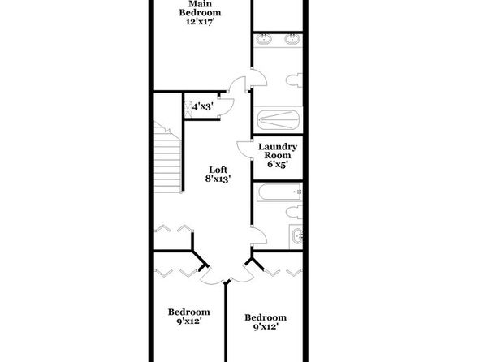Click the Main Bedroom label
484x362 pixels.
200,8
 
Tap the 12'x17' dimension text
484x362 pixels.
200,22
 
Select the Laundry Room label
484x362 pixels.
278,151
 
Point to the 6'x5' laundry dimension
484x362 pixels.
278,164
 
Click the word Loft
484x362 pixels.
218,170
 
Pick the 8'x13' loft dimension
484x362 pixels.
218,179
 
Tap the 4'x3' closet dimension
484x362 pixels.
203,107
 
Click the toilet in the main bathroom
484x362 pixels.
294,80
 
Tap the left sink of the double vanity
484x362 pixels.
264,39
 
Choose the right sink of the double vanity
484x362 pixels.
292,39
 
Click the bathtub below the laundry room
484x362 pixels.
279,192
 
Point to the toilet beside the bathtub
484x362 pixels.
294,213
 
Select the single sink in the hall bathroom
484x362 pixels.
296,236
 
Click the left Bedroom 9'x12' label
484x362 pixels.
189,317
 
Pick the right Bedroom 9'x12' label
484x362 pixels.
266,322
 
